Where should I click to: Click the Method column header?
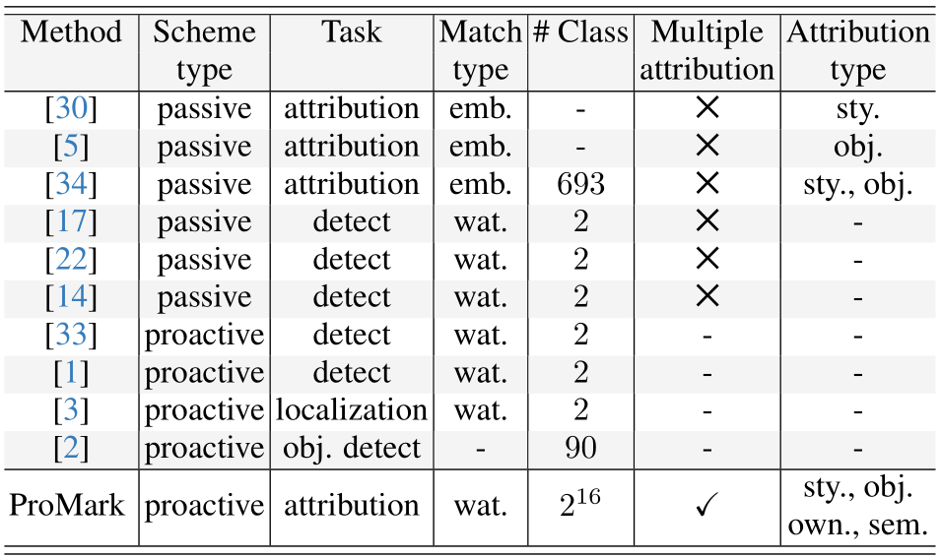71,31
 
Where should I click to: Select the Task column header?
352,31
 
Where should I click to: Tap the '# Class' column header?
580,31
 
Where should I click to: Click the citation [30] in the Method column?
71,108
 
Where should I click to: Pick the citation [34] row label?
71,184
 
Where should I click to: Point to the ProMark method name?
67,505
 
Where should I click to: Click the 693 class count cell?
580,184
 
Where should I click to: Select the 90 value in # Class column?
580,448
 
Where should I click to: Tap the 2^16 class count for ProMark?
579,504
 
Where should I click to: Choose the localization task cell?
352,410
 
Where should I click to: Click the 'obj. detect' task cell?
352,449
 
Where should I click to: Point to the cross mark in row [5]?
706,146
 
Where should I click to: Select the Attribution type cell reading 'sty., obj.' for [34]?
857,185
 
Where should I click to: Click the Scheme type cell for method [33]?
204,336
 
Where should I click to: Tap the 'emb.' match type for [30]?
480,108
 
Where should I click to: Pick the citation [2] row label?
71,448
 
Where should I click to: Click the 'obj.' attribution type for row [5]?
857,147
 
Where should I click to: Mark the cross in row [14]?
706,296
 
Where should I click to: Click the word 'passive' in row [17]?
204,223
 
